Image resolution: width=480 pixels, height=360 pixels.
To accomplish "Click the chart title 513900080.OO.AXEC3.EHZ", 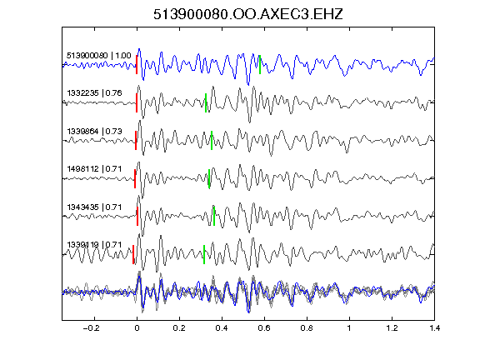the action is coord(248,14).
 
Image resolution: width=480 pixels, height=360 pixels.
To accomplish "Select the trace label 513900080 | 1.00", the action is coord(99,56).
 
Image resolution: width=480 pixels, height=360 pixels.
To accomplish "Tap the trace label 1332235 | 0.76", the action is coord(95,93).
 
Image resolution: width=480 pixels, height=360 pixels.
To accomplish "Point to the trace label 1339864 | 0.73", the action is coord(95,132).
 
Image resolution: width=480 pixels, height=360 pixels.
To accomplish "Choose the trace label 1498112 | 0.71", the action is coord(95,169).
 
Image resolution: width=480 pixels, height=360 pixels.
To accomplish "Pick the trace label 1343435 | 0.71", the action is coord(95,207).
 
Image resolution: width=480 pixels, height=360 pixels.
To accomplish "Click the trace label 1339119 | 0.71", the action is coord(95,245).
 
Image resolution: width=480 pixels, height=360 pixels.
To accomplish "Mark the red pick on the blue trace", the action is coord(137,65).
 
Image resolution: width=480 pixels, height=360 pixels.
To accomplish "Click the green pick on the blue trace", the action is coord(260,65).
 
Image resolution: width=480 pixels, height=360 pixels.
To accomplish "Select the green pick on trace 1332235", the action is coord(206,102).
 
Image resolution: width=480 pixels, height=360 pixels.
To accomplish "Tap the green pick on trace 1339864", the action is coord(212,141).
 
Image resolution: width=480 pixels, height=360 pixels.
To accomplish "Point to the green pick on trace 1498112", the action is coord(209,178).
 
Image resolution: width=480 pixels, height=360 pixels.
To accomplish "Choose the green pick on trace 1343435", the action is coord(214,216).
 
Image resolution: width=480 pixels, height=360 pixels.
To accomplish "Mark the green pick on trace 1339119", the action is coord(204,254).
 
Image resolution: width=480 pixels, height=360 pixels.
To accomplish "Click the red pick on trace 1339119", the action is coord(133,254).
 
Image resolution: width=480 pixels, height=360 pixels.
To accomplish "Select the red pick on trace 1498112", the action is coord(135,178).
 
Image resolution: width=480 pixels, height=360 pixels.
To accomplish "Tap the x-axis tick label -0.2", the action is coord(91,328).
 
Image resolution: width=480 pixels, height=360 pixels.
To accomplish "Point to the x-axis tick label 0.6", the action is coord(264,328).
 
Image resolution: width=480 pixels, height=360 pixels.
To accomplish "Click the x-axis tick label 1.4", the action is coord(434,328).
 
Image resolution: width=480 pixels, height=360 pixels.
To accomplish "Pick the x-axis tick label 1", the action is coord(349,328).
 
